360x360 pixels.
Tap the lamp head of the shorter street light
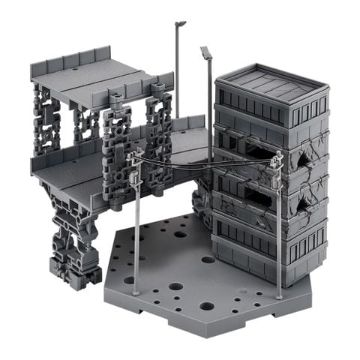coord(205,51)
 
